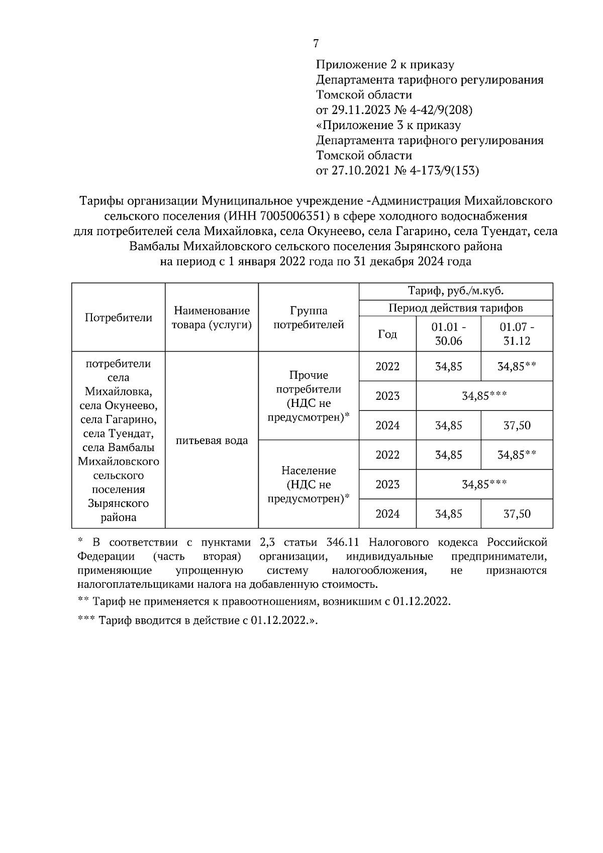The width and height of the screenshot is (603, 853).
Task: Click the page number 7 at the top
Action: [x=316, y=44]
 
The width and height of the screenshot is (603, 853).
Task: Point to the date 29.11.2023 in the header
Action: [x=358, y=110]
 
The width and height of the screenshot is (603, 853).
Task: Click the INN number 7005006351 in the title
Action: [x=293, y=217]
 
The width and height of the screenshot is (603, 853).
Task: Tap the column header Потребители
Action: [x=119, y=317]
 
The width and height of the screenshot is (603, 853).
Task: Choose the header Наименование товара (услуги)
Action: [x=212, y=318]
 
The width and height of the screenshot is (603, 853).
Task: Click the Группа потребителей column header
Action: [x=309, y=318]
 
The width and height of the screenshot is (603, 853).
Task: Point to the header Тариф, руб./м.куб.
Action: [x=456, y=291]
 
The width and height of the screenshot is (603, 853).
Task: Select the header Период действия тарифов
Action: [x=456, y=308]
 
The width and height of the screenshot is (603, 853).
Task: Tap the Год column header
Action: [x=387, y=334]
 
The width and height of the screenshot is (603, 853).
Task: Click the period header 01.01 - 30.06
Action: [x=449, y=334]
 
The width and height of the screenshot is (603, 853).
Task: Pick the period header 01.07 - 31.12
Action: [x=517, y=334]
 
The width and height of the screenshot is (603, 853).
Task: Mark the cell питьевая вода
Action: [x=212, y=441]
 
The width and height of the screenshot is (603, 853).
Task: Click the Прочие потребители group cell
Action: [x=309, y=396]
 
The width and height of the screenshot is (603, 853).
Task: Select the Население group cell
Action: [x=309, y=484]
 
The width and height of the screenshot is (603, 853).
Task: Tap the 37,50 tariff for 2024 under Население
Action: [x=517, y=514]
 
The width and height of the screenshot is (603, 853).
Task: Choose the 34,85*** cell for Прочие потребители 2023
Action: [x=484, y=396]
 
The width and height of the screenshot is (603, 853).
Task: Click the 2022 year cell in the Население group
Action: [x=387, y=455]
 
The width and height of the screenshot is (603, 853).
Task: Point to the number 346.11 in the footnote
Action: [x=342, y=543]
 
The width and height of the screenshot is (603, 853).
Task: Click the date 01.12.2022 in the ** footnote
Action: [x=422, y=602]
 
